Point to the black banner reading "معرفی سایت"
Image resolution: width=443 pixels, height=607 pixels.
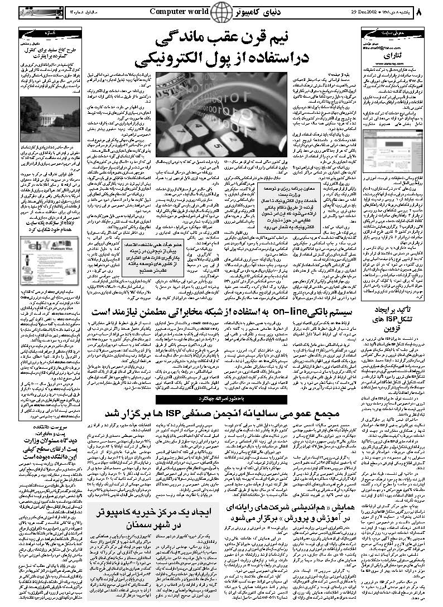[x=391, y=32]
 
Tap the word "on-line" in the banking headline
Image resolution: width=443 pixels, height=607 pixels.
[x=288, y=311]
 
